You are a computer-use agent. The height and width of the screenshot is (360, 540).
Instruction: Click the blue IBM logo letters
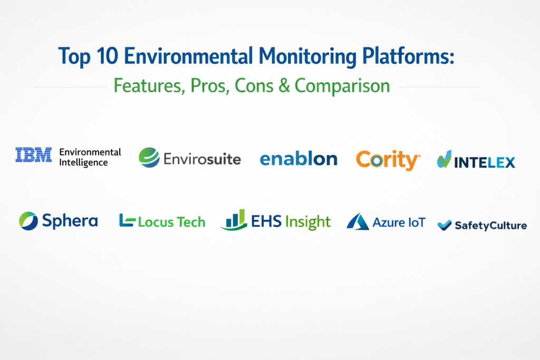34,154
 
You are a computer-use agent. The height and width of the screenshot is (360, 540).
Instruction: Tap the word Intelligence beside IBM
83,163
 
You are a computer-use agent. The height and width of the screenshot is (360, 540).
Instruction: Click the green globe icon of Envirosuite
149,158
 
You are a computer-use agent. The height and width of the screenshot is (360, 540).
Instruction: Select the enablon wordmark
298,159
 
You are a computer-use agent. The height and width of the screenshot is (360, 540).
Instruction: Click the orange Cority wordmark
388,160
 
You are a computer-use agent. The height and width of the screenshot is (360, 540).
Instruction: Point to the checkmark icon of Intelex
444,159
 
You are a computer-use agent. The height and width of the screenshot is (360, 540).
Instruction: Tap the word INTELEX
485,162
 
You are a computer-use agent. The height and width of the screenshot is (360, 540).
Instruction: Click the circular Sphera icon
28,221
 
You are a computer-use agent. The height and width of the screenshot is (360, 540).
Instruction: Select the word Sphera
70,221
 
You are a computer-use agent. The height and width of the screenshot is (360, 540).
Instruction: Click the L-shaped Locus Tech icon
127,220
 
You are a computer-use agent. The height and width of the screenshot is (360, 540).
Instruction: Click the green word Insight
308,222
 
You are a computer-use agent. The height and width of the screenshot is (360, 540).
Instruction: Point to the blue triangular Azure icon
358,221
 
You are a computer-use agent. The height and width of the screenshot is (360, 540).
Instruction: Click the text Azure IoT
399,222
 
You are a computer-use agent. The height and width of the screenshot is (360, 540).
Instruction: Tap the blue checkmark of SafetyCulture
444,225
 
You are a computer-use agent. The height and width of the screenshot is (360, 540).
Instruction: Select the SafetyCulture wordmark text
491,226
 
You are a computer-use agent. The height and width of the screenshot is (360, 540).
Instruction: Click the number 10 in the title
107,56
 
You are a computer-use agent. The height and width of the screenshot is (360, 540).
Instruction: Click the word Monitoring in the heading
307,57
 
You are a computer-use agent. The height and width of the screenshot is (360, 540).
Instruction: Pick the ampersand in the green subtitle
284,86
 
